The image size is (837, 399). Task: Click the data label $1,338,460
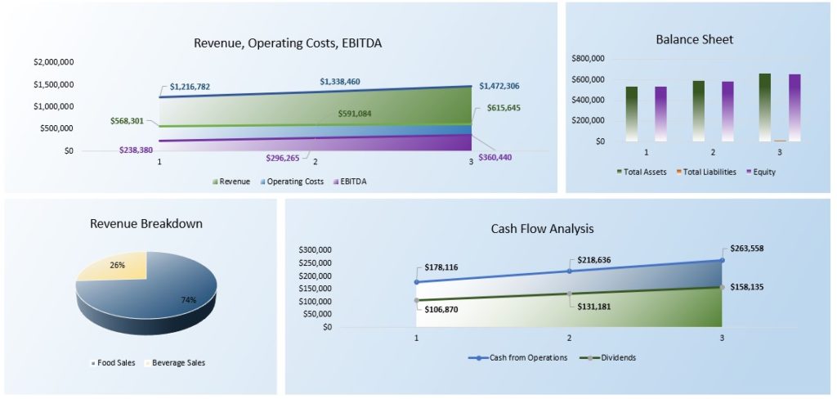coord(340,82)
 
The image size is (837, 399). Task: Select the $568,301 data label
coord(127,121)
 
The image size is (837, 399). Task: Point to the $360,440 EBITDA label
coord(495,158)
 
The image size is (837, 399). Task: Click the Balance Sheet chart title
coord(695,39)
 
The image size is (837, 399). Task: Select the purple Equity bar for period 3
coord(794,108)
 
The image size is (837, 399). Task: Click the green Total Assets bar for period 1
coord(632,114)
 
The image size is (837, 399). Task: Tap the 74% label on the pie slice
coord(189,299)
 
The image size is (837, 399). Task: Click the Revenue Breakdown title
coord(146,224)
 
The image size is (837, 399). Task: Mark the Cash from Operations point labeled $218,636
coord(569,271)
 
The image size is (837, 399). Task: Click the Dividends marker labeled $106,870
coord(416,300)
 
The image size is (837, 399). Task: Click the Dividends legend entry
coord(607,358)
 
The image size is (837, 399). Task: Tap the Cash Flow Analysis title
coord(543,229)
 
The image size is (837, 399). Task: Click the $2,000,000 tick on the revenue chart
coord(54,62)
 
